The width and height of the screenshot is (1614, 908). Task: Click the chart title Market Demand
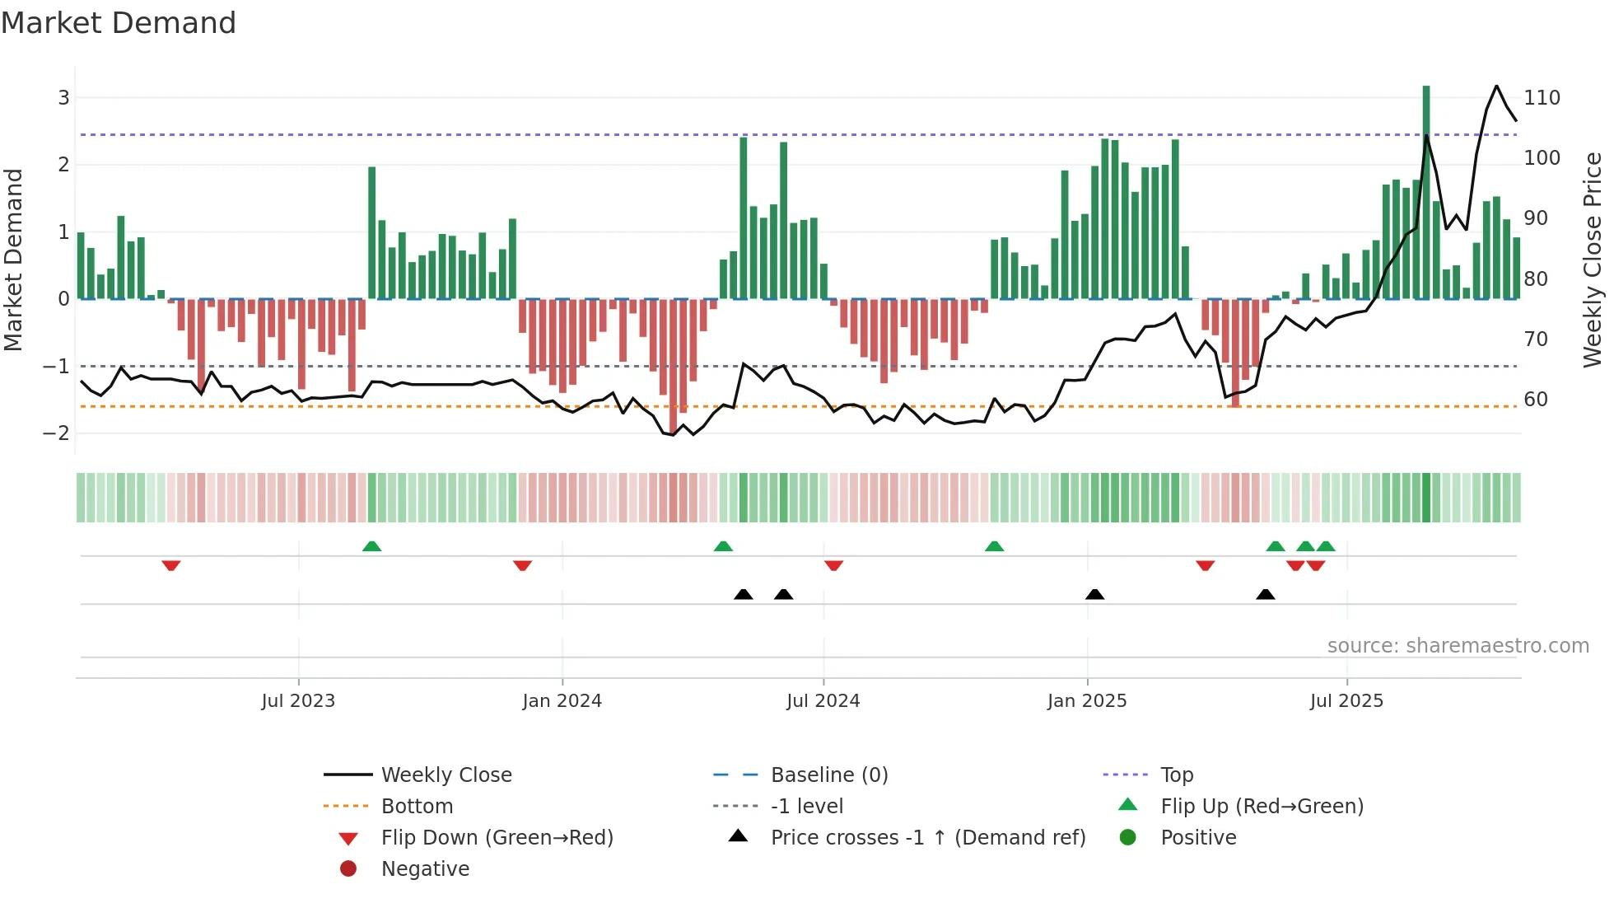click(119, 23)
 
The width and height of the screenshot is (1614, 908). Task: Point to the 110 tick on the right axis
click(1542, 98)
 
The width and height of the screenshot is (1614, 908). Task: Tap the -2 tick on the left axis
click(56, 433)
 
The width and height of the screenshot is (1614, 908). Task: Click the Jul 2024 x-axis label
click(823, 701)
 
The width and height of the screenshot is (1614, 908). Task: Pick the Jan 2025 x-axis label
click(1086, 701)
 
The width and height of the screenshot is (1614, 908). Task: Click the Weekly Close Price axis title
click(1593, 260)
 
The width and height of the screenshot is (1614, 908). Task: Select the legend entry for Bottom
click(417, 807)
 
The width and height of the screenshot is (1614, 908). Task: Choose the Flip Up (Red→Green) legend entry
click(1262, 807)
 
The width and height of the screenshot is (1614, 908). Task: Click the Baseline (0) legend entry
click(828, 775)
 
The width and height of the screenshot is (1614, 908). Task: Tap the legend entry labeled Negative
click(425, 869)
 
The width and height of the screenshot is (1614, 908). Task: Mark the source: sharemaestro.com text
click(1458, 646)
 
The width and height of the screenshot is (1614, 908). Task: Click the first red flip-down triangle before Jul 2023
click(171, 565)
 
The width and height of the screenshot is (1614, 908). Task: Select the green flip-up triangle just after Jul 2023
click(371, 546)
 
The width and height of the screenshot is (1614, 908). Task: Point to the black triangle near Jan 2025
click(1094, 594)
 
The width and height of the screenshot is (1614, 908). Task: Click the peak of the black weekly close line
click(1496, 87)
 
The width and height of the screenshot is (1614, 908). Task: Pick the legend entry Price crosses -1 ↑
click(927, 838)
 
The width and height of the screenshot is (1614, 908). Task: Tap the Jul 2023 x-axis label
click(298, 701)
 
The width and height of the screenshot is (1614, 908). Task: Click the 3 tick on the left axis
click(63, 98)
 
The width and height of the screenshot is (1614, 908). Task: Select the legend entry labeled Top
click(1176, 775)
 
